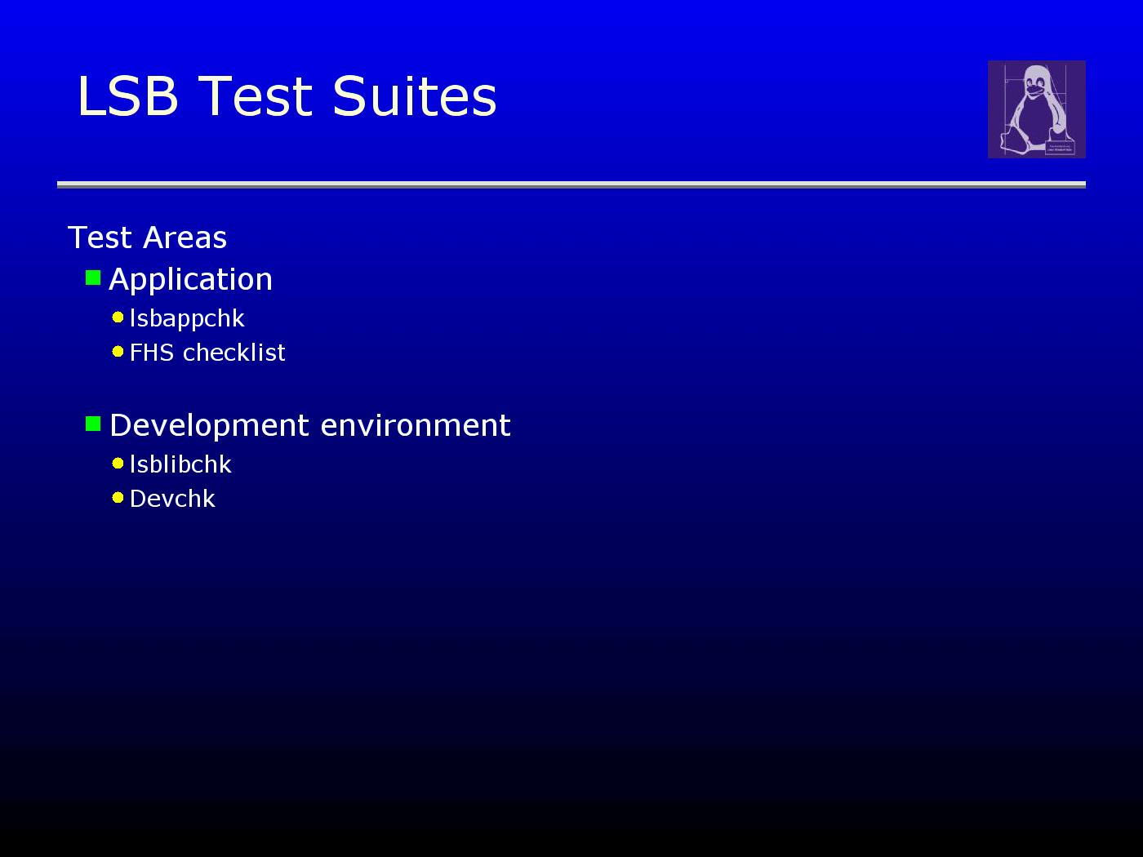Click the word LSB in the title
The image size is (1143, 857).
click(128, 95)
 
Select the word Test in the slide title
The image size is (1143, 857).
click(255, 95)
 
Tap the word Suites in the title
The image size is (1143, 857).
click(415, 95)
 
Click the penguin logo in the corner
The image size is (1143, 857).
click(1036, 109)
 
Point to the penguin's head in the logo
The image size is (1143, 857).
click(1036, 81)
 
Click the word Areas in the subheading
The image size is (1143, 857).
click(185, 238)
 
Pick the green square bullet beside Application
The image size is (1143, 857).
click(93, 278)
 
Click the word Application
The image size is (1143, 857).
click(190, 280)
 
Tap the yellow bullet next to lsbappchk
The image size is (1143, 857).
click(118, 317)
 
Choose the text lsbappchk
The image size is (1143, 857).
click(187, 318)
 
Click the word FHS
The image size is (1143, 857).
click(152, 353)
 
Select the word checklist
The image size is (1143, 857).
click(233, 353)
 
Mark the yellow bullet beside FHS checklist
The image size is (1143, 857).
click(118, 352)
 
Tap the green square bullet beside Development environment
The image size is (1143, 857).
click(93, 424)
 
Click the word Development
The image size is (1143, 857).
click(209, 426)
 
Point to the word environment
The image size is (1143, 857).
click(416, 426)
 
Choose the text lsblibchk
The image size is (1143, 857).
click(180, 464)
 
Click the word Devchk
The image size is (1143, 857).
click(172, 499)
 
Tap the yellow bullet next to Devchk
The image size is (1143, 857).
click(118, 498)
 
